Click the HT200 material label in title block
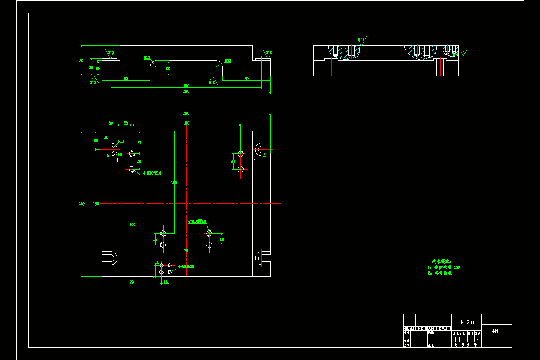pos(467,322)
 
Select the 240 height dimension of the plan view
pos(81,204)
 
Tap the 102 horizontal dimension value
pos(132,224)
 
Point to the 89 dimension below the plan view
pos(132,282)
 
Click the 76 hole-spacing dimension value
pos(186,250)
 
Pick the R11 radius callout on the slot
pos(121,141)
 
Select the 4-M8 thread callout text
pos(186,266)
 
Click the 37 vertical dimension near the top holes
pos(139,142)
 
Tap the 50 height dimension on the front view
pos(81,60)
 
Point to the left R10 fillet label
pos(147,58)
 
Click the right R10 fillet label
pos(228,61)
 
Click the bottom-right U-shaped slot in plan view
pos(261,258)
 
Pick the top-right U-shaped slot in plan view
pos(263,149)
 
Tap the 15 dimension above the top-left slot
pos(106,137)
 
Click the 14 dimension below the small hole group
pos(166,282)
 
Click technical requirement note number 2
pos(440,273)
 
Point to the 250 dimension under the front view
pos(186,85)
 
